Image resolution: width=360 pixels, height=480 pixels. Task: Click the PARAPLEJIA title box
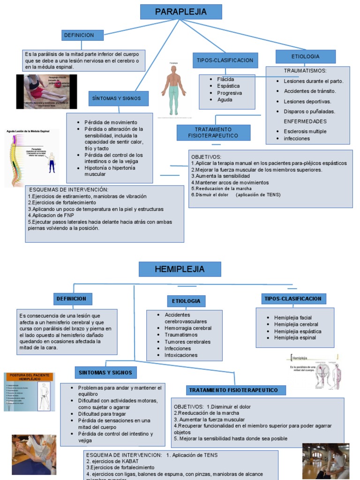tap(180, 12)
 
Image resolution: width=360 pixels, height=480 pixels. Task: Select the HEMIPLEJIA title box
tap(180, 269)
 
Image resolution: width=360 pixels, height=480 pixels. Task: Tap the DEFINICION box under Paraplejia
tap(82, 35)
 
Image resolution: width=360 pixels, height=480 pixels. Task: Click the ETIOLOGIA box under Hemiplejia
tap(186, 301)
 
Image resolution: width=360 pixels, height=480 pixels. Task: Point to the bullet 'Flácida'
tap(225, 79)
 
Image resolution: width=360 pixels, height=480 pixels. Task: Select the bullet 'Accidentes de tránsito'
tap(310, 91)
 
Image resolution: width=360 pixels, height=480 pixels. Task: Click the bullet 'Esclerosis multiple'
tap(305, 131)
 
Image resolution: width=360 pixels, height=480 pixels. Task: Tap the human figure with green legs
tap(173, 89)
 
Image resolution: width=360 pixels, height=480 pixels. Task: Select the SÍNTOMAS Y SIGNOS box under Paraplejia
tap(119, 98)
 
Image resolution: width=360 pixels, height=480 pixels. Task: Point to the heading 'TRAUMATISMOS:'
tap(305, 70)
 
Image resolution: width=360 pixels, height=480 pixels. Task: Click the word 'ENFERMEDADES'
tap(305, 121)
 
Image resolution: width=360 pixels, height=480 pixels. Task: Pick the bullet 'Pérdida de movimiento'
tap(111, 122)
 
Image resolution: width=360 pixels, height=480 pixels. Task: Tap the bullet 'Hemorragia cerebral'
tap(188, 328)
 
